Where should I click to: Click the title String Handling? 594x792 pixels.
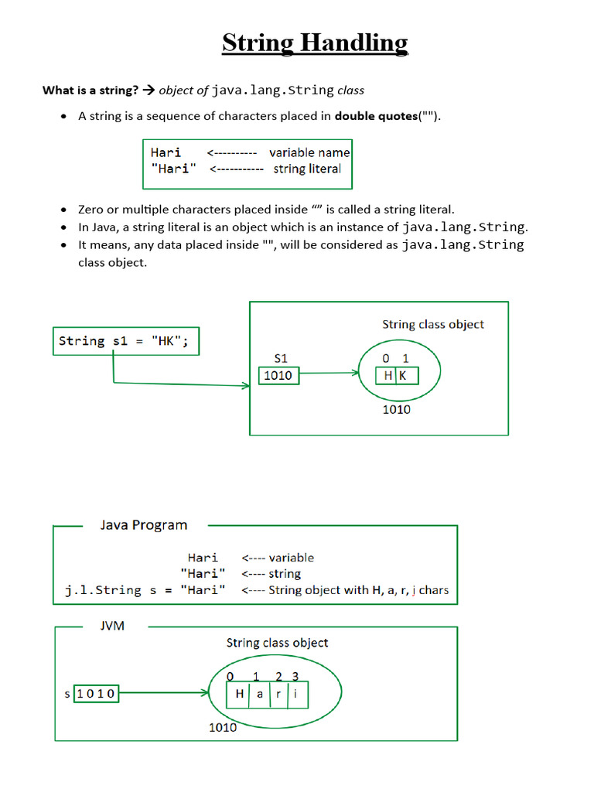315,43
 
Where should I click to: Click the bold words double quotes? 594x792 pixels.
375,117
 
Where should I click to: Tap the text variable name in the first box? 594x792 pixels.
309,152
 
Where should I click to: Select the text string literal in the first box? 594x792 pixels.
307,169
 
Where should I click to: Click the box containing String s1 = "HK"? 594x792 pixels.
125,341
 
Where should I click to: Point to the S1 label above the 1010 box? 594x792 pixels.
282,358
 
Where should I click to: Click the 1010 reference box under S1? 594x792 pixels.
278,376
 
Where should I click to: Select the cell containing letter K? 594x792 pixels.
406,376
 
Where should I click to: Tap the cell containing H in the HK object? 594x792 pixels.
387,376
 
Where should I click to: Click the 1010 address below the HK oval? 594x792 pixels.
396,409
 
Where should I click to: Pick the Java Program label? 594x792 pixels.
144,525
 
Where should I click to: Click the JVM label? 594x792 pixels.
112,626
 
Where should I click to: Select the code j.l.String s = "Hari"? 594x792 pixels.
145,590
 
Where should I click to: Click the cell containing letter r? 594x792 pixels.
278,694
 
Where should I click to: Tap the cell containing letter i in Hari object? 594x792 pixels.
296,694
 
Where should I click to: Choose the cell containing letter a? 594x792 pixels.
259,694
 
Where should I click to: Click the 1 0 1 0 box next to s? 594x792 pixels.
95,694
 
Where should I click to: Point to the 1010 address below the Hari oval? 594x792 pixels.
223,727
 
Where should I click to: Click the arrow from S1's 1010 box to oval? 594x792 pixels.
329,374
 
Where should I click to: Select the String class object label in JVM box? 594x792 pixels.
277,643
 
